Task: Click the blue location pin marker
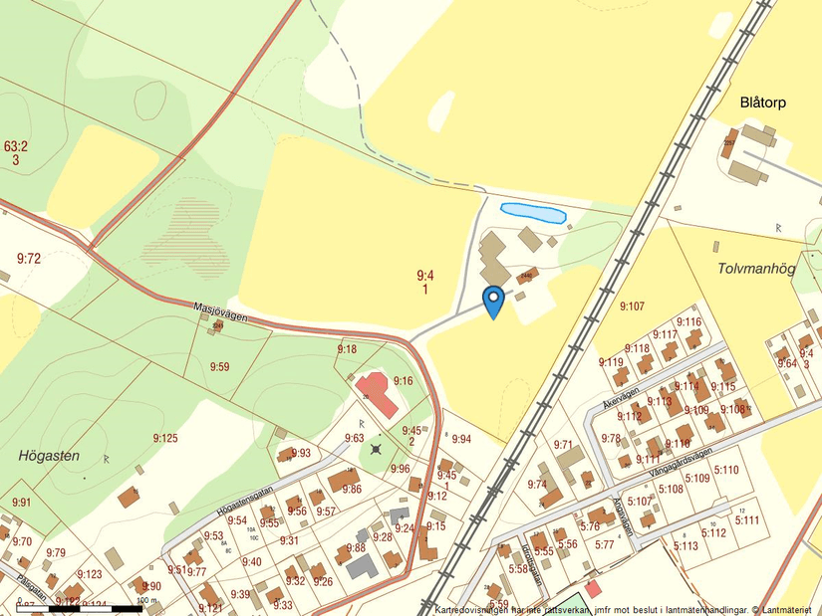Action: pos(492,301)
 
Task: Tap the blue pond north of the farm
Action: pos(533,212)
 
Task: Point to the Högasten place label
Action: pos(49,456)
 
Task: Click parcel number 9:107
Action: pos(633,306)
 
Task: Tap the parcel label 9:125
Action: pos(165,439)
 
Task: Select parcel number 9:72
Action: pos(29,259)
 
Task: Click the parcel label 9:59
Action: pos(220,367)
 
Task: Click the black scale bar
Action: pos(70,607)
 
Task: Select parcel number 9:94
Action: pos(461,439)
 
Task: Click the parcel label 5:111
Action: pos(746,519)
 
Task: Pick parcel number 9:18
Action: pos(347,349)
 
